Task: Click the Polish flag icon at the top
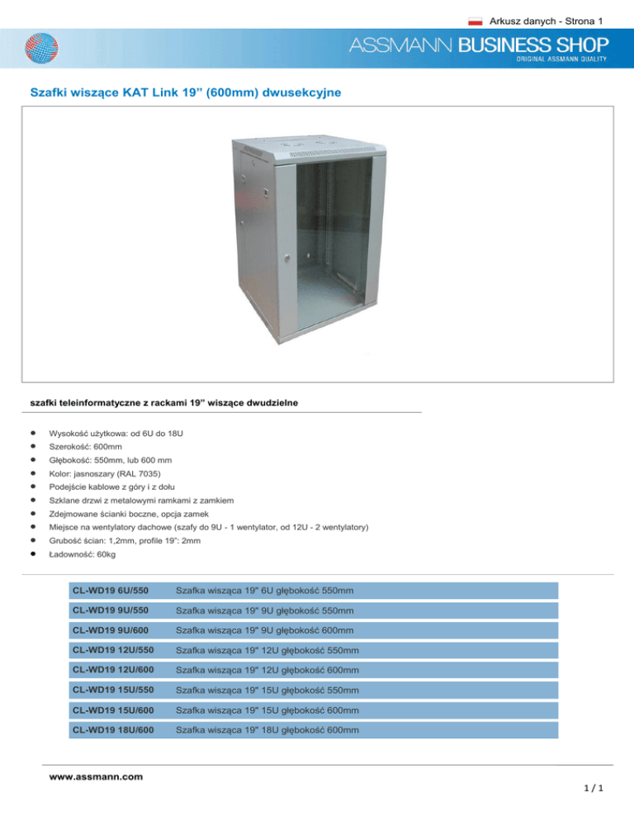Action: (475, 18)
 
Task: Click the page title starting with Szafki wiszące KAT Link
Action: (183, 93)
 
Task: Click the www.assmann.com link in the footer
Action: (96, 776)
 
